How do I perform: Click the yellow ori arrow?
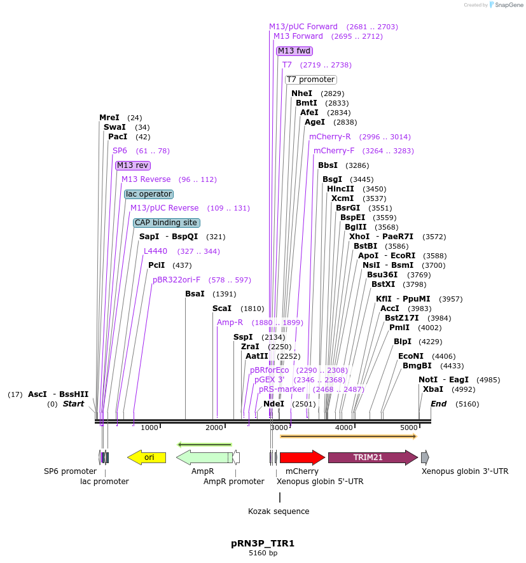(147, 457)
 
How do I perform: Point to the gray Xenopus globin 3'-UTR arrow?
(425, 457)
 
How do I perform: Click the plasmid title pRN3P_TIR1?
(263, 543)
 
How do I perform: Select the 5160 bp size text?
(263, 553)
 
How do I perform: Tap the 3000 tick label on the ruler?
(279, 427)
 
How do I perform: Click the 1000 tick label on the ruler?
(149, 427)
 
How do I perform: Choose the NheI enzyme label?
(301, 94)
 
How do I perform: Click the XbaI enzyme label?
(433, 389)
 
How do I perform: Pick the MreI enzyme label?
(109, 118)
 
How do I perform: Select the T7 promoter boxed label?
(310, 80)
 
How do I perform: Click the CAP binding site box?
(166, 223)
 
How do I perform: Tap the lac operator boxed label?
(149, 194)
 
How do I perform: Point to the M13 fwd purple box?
(294, 51)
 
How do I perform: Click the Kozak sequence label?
(279, 511)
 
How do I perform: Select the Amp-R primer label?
(230, 323)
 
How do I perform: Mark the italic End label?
(439, 404)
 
